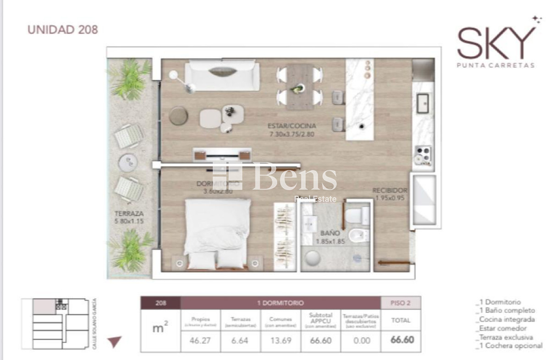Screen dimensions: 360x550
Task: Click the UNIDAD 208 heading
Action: pos(63,30)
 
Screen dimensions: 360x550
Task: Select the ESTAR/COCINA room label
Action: pos(292,130)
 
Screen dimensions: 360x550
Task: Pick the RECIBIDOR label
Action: pos(390,195)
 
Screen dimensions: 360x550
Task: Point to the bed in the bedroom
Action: pos(217,234)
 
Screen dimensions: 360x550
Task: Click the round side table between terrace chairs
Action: pos(128,162)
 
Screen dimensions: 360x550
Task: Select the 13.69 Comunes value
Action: pos(280,341)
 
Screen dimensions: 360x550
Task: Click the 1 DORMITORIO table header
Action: pos(280,303)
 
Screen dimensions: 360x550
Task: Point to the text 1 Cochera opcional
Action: pos(509,346)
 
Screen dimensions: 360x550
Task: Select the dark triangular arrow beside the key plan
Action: pos(115,341)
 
